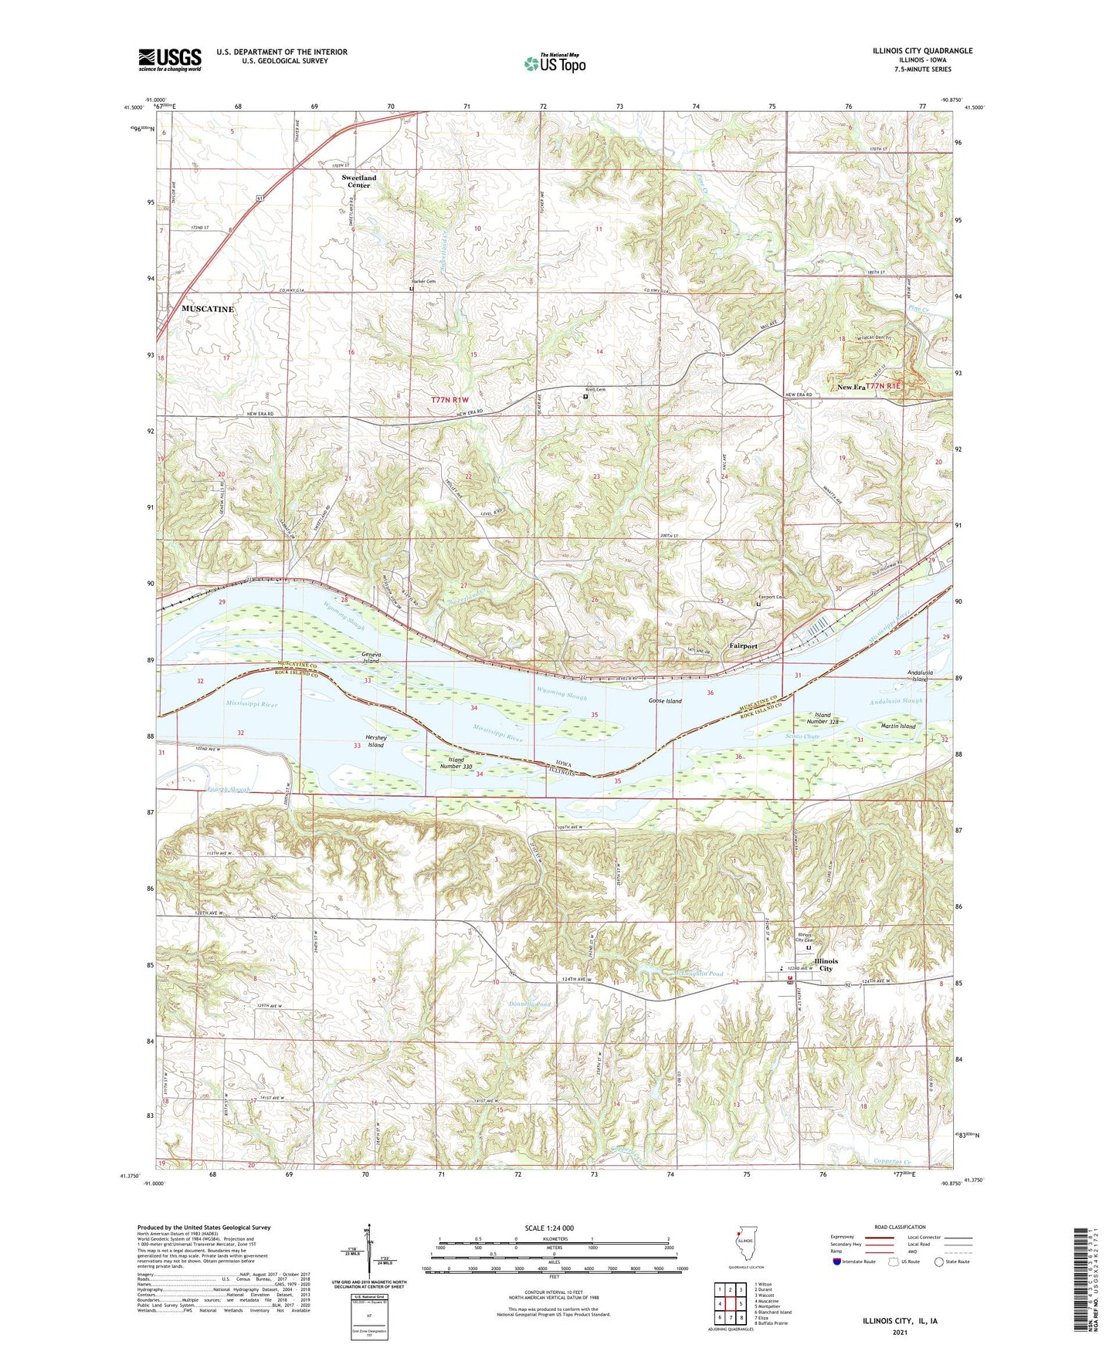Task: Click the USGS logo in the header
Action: [x=170, y=59]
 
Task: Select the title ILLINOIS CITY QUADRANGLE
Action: [x=918, y=51]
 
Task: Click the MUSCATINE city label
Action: [x=207, y=309]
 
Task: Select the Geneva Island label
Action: [x=371, y=658]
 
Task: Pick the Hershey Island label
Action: [x=375, y=741]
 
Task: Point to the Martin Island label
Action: [x=898, y=726]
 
